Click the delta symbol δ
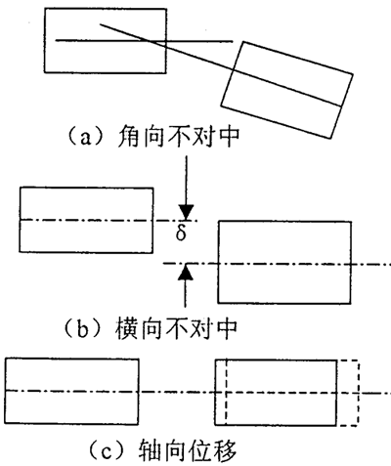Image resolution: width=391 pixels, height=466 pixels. click(x=181, y=233)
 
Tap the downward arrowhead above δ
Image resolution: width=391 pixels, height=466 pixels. click(x=187, y=212)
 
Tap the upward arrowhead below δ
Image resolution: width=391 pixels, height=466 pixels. click(x=186, y=273)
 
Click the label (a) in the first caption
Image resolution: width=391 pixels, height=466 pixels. click(x=86, y=137)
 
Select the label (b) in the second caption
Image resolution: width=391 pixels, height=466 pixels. click(x=84, y=328)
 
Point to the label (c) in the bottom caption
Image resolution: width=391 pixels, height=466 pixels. click(x=109, y=450)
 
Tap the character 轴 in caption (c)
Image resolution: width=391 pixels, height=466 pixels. click(x=150, y=450)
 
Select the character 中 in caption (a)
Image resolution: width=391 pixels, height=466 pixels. click(x=229, y=136)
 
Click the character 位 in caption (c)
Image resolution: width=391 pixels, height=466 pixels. click(x=187, y=450)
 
